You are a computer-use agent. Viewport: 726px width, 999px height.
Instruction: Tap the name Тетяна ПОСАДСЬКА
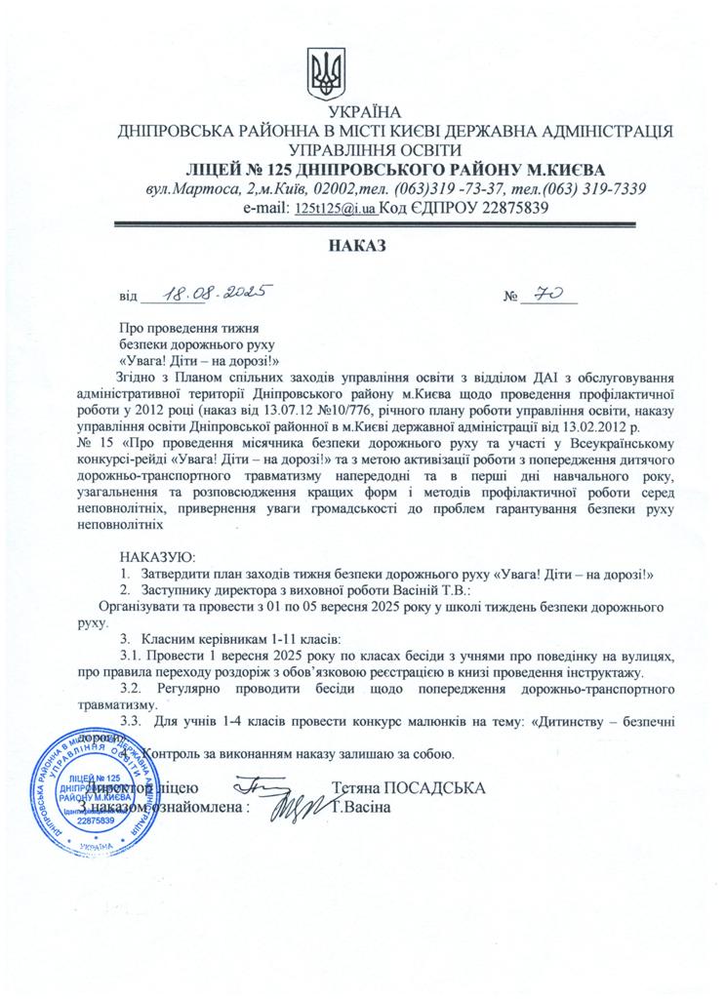coord(408,786)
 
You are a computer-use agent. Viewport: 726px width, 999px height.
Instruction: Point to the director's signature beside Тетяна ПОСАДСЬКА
coord(262,783)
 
